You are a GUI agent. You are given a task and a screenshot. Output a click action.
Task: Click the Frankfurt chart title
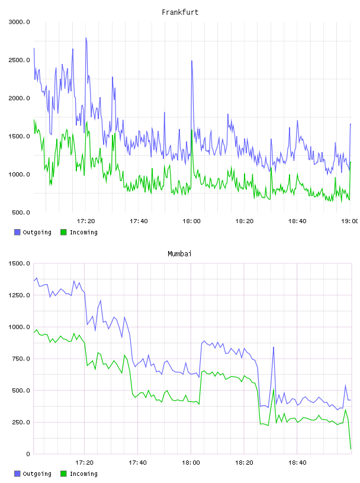180,12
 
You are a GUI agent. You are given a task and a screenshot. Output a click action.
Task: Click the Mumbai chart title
179,254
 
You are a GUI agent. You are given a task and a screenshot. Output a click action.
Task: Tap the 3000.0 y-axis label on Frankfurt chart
19,22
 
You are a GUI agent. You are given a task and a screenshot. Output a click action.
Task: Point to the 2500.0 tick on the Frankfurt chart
19,60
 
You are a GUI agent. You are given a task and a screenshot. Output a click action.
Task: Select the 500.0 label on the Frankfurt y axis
21,212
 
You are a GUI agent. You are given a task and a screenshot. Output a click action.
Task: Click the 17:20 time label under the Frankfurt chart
86,221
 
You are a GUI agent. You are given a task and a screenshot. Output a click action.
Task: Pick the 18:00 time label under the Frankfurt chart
191,221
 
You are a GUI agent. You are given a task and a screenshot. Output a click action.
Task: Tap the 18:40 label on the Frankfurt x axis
297,221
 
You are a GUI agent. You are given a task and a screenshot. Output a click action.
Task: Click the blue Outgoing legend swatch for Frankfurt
17,232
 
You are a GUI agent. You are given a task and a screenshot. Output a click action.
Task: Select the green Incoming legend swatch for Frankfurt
63,232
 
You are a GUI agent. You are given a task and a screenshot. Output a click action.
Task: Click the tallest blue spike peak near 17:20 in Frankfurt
86,38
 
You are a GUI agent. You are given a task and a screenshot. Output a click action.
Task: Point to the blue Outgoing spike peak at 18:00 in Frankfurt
192,61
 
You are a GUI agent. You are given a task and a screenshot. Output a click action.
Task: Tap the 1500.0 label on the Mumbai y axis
19,263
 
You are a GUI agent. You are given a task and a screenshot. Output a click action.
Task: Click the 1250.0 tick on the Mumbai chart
19,295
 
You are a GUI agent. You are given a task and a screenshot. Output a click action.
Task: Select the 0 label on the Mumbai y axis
28,454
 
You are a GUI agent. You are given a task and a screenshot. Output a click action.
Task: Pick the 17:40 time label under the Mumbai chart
137,463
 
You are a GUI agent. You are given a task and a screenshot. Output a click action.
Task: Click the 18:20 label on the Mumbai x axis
244,463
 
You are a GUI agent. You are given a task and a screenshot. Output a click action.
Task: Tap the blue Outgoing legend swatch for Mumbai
17,474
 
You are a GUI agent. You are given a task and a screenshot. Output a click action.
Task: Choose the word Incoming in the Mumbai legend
83,474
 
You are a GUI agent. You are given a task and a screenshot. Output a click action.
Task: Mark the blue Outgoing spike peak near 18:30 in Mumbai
274,347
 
